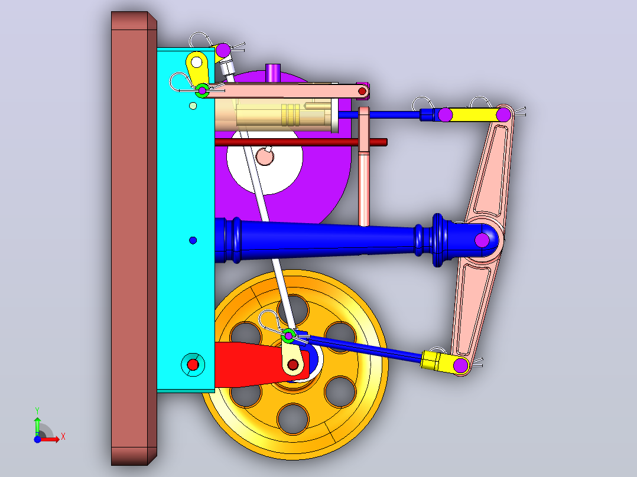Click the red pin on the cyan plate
193,365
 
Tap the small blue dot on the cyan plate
193,240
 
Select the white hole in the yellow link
197,62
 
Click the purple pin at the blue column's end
482,240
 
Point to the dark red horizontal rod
301,142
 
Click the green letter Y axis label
37,411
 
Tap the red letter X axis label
63,437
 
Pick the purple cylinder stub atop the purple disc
273,72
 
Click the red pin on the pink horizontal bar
362,92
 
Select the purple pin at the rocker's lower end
461,365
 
